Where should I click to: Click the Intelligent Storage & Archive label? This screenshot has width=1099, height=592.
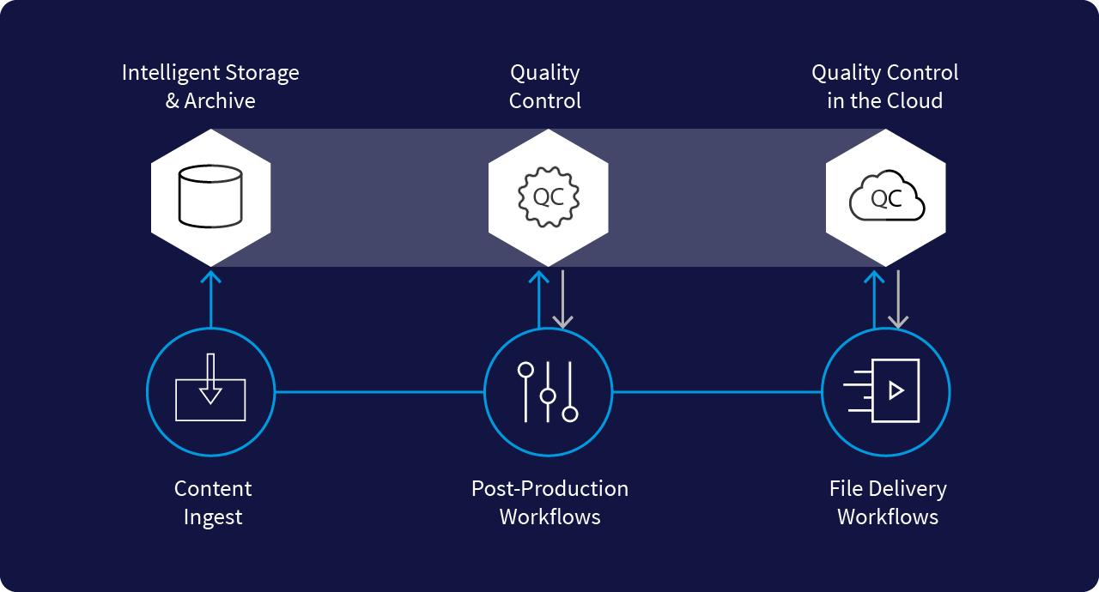tap(210, 87)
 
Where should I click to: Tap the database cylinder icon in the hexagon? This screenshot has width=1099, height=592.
tap(210, 197)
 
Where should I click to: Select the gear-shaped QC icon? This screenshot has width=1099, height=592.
tap(549, 197)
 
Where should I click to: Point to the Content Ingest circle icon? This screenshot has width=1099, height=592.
tap(210, 392)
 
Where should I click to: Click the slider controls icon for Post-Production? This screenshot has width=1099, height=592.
tap(548, 392)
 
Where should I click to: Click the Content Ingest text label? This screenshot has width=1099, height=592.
tap(213, 503)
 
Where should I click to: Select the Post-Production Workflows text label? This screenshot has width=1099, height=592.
tap(549, 503)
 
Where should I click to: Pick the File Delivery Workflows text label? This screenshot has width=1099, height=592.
tap(888, 503)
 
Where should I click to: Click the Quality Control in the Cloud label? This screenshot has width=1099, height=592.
tap(885, 87)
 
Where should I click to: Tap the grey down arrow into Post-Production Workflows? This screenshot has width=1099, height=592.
tap(562, 300)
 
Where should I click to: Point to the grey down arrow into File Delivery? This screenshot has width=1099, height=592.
tap(898, 300)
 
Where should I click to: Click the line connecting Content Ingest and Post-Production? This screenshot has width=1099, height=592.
tap(379, 392)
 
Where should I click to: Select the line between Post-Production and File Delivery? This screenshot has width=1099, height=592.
tap(717, 392)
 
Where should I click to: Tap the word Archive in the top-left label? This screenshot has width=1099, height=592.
tap(220, 101)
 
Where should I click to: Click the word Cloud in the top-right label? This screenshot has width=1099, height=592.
tap(914, 101)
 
